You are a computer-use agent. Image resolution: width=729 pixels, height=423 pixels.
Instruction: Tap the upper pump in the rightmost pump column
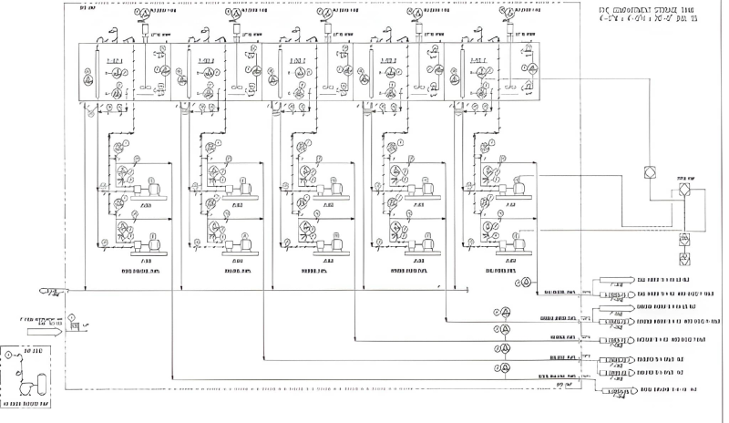point(520,187)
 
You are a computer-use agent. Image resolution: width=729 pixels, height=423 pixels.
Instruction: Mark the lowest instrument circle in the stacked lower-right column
point(500,368)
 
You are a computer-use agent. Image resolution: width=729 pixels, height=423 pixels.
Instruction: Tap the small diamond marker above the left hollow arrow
point(71,317)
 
